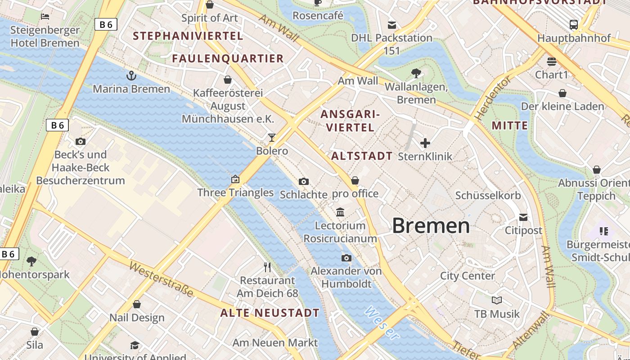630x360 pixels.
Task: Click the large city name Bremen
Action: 431,225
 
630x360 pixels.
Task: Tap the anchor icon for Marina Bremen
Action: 131,75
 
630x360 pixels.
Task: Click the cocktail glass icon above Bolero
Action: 272,137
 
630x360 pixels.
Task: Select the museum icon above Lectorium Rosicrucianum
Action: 340,212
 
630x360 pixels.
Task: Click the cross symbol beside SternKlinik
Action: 425,143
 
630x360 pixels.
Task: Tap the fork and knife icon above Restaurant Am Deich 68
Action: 268,267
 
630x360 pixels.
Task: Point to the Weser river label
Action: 382,323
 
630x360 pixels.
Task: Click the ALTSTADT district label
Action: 362,156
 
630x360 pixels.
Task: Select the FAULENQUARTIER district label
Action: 228,58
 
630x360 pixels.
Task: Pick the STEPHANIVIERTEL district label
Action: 188,36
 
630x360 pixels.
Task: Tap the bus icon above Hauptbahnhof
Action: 573,25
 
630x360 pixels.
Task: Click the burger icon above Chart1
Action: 552,61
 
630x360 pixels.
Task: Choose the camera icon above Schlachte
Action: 304,181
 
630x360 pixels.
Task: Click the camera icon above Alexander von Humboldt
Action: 346,258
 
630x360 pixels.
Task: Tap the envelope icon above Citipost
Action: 523,217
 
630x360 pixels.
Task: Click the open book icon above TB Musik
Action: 497,300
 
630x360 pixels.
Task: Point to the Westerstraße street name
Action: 161,279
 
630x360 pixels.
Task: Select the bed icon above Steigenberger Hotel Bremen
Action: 45,17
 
